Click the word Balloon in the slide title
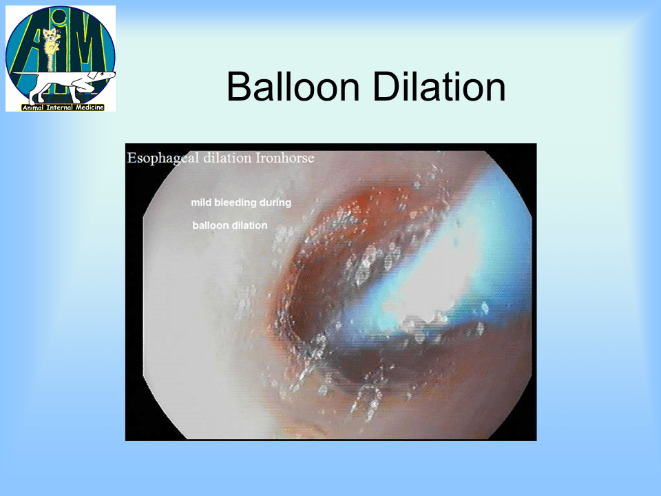click(293, 87)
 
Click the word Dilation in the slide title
click(439, 87)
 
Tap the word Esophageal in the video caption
click(162, 158)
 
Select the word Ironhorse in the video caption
click(285, 158)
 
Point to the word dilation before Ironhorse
click(227, 158)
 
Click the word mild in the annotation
click(200, 203)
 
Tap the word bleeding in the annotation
click(235, 203)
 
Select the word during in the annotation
click(275, 203)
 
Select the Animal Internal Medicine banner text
click(63, 107)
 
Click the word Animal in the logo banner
click(33, 107)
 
